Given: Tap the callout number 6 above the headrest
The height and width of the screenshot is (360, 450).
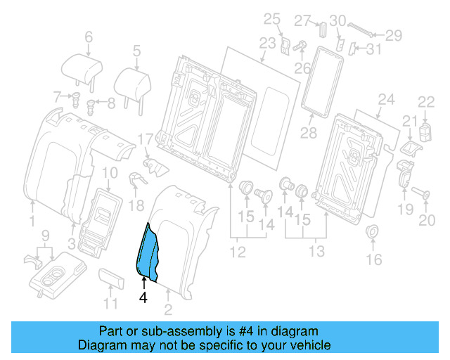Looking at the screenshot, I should (88, 37).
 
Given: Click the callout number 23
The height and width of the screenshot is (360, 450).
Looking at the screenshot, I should (267, 43).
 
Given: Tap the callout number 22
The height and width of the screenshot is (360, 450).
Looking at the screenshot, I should (427, 103).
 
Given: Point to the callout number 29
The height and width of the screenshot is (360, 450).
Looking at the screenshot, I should (393, 34).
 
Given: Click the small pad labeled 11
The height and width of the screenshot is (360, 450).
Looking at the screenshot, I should (112, 278).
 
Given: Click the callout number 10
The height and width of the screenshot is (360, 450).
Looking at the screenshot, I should (110, 174).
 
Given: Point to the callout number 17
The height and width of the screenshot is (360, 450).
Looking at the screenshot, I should (145, 139).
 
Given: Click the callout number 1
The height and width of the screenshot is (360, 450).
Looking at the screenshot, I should (32, 222).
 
